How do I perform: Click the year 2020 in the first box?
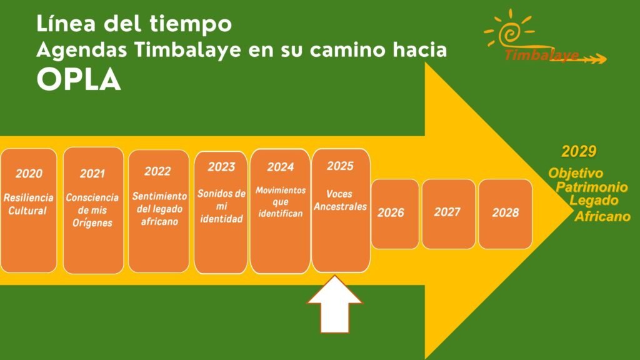[x=29, y=174]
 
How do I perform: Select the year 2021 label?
[x=92, y=174]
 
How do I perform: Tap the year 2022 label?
[x=157, y=171]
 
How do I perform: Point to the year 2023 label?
[x=221, y=166]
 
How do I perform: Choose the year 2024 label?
[x=281, y=166]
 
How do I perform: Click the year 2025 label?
[x=340, y=166]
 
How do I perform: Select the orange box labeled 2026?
[x=395, y=214]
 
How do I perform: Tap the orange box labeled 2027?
[x=449, y=214]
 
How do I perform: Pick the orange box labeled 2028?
[x=505, y=214]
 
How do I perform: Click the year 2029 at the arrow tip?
[x=579, y=151]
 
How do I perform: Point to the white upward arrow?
[x=335, y=304]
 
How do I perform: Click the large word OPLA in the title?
[x=79, y=79]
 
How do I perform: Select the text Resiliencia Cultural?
[x=28, y=204]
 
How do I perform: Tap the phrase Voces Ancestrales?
[x=340, y=201]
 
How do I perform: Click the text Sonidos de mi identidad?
[x=221, y=206]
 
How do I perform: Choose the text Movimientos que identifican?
[x=281, y=202]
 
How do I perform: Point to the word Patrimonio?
[x=592, y=187]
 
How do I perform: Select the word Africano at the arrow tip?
[x=602, y=216]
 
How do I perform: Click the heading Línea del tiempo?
[x=134, y=24]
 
